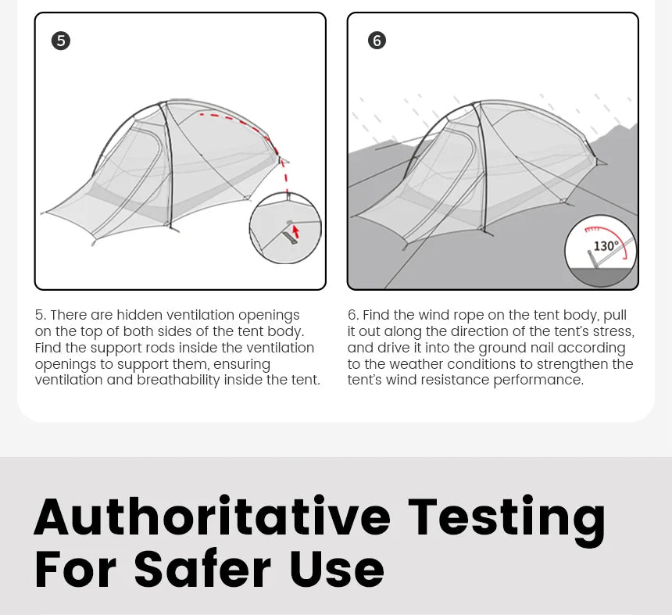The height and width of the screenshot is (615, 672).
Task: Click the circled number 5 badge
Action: pos(61,41)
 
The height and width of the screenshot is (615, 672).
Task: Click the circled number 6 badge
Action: pos(377,41)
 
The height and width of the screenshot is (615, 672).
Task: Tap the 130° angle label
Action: pos(606,246)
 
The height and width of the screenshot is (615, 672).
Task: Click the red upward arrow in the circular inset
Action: pos(295,232)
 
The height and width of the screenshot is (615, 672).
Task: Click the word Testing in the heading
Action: pos(506,520)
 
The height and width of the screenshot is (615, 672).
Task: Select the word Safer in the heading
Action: pos(203,569)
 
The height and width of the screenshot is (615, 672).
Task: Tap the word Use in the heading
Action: pos(338,569)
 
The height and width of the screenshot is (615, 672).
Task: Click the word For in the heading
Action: pos(75,569)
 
